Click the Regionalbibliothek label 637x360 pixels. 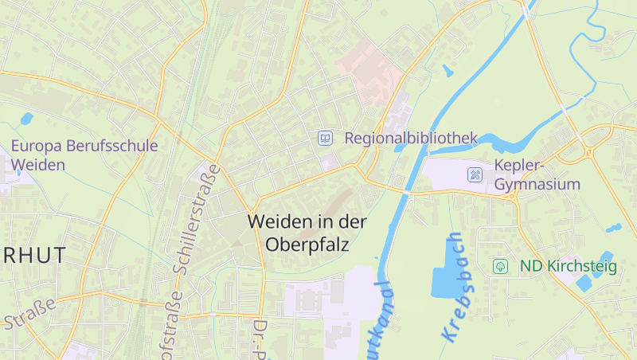[x=410, y=138]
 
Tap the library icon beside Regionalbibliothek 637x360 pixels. [x=325, y=138]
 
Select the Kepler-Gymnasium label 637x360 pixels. [x=537, y=174]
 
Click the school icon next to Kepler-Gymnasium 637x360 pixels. [x=475, y=174]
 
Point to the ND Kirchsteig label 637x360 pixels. [x=568, y=266]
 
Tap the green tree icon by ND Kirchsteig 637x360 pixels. [x=500, y=266]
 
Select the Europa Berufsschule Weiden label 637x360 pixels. [x=84, y=155]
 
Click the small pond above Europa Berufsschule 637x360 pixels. [x=26, y=119]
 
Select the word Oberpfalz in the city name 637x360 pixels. [x=310, y=244]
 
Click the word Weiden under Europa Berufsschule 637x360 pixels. [x=38, y=165]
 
